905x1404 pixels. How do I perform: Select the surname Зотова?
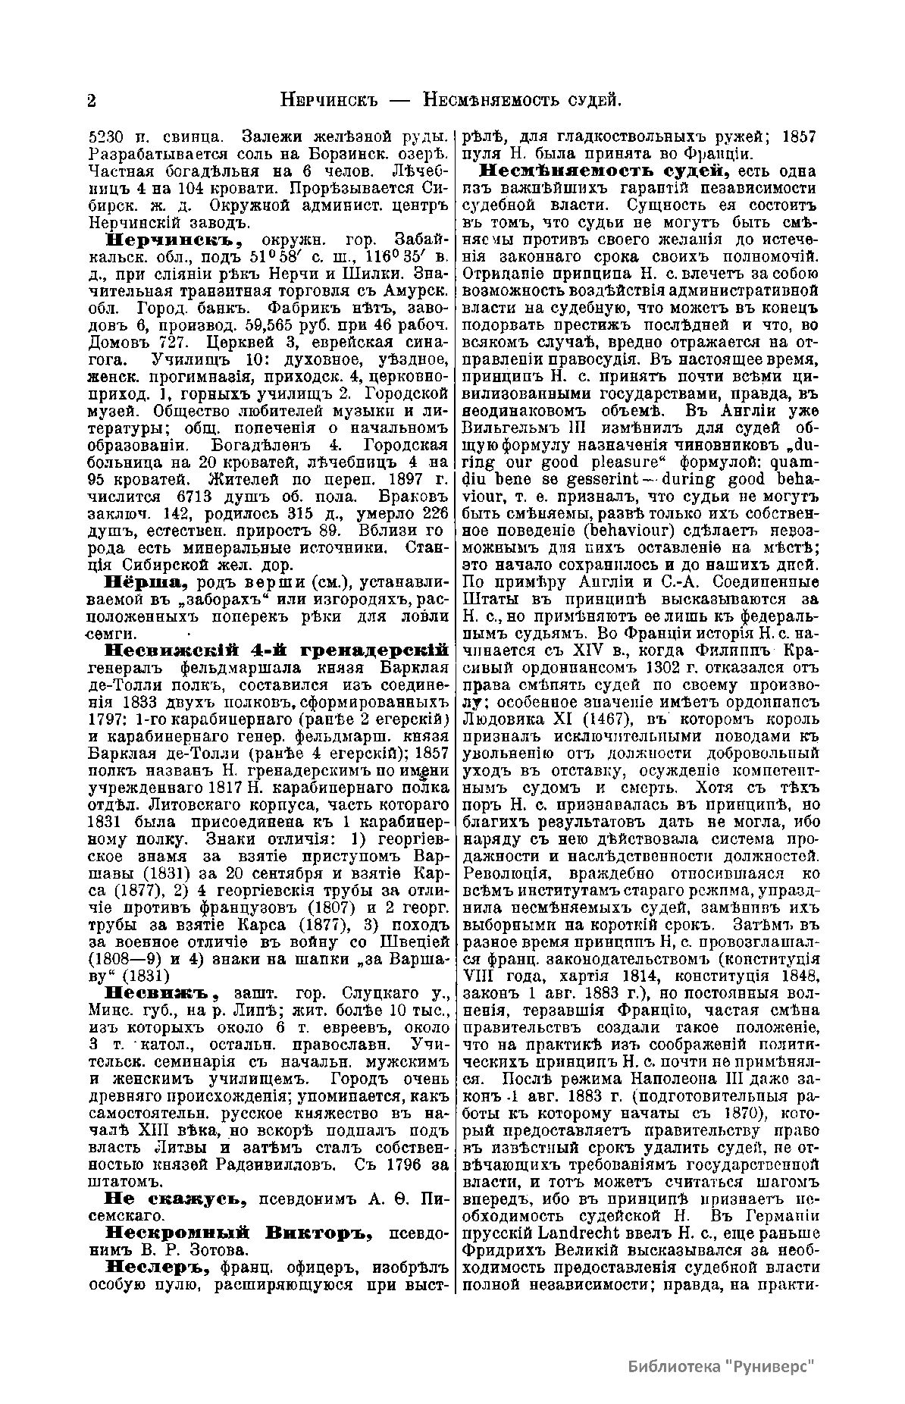(230, 1249)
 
